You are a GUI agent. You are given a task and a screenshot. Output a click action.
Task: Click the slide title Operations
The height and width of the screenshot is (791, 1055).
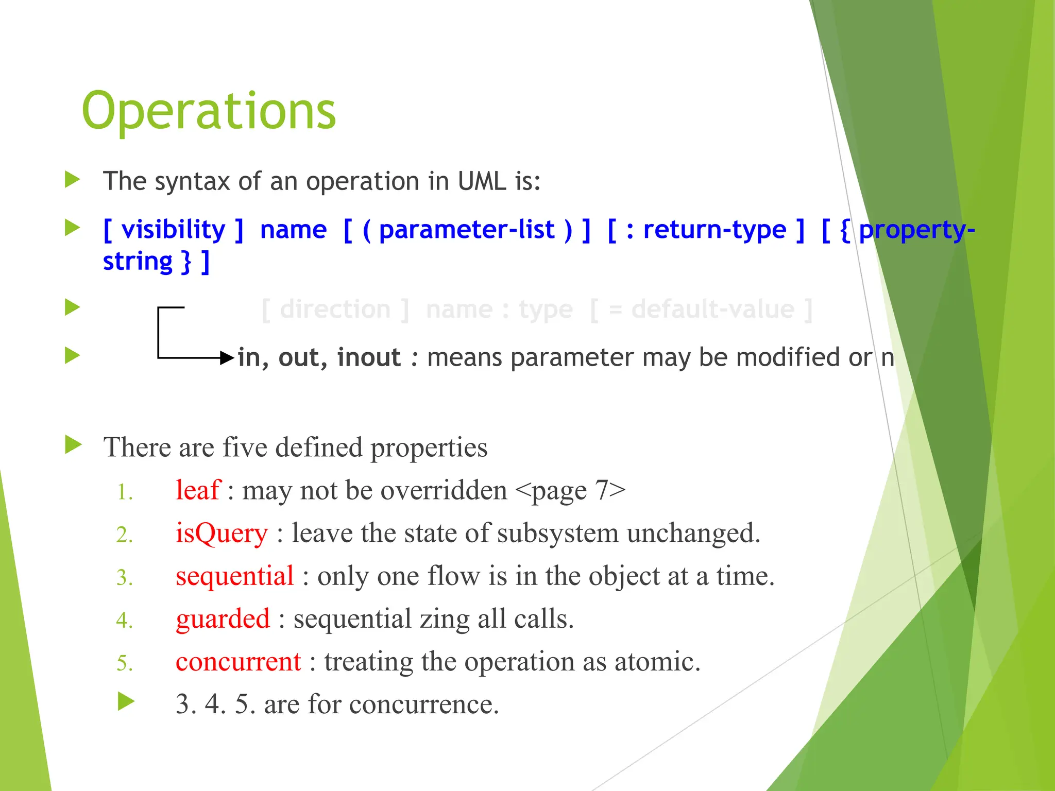209,111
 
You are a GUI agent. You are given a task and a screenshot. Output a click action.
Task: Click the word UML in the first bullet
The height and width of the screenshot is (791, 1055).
482,181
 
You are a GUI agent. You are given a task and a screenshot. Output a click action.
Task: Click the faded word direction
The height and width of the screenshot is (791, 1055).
335,309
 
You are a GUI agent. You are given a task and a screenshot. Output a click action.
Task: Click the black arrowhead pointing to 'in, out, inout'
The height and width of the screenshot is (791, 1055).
227,357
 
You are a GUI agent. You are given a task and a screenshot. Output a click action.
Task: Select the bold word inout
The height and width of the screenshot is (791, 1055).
368,357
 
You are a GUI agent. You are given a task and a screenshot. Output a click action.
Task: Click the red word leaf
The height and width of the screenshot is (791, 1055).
198,490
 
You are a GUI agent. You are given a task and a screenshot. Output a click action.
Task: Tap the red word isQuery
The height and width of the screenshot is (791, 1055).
222,533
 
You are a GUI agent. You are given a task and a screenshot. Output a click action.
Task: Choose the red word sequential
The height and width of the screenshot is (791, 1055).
234,576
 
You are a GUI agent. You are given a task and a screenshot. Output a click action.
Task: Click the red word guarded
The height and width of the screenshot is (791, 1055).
223,618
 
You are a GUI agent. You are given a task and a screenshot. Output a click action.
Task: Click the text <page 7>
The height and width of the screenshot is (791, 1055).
570,490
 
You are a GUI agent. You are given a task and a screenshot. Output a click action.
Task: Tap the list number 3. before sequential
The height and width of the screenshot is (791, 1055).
124,578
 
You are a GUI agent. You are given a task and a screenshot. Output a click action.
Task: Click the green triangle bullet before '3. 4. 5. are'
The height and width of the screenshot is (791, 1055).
126,701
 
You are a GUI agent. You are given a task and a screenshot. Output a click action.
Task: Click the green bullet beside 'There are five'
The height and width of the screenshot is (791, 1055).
73,445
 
